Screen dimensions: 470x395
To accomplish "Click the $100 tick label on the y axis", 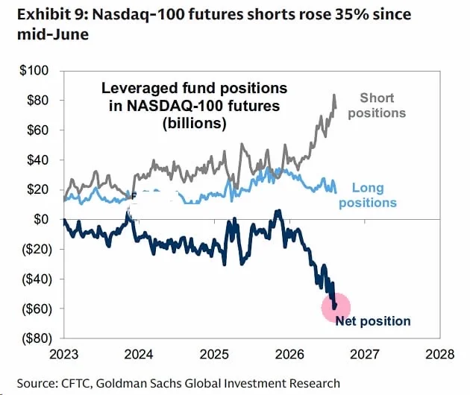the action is (x=34, y=70).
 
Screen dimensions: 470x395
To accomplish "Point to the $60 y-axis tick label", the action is (x=37, y=130).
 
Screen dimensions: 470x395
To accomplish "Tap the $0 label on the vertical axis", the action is (x=41, y=219).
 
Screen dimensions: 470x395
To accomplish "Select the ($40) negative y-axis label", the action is (x=37, y=279).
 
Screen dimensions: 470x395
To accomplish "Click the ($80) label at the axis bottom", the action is (x=37, y=338).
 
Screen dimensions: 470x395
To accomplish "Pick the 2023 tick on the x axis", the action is (x=64, y=355).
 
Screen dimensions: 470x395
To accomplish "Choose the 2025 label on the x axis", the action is (x=214, y=355).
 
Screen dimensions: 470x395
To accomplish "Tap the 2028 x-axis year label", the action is (x=440, y=355).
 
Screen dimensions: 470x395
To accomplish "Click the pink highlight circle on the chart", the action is (x=336, y=307).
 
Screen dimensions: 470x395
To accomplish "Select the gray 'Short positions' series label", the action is (x=377, y=105).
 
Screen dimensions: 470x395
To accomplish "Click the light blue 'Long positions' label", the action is (x=368, y=195).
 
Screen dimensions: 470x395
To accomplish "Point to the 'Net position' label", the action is (x=373, y=321).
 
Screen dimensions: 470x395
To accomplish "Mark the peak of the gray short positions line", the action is (x=334, y=95).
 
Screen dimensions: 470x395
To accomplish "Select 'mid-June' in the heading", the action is (x=53, y=34).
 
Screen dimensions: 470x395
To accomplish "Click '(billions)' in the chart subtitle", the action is (x=195, y=123).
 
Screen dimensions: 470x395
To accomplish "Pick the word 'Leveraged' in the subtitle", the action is (x=140, y=89).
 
